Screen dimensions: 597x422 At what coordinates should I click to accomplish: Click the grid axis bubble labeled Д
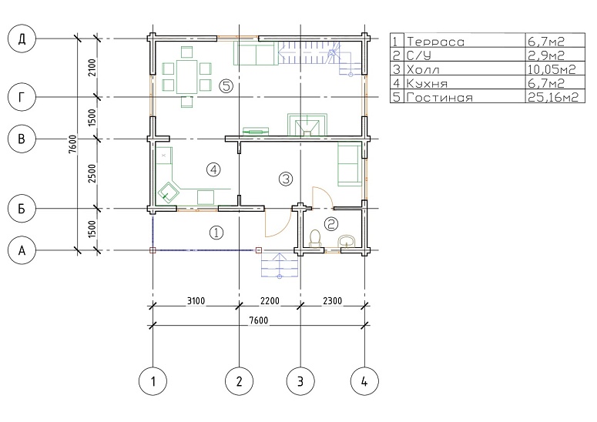point(22,39)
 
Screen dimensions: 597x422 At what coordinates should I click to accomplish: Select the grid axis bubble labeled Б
point(22,208)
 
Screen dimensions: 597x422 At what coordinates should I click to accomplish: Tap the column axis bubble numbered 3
point(300,381)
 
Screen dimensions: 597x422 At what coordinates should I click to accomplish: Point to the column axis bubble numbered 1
point(153,381)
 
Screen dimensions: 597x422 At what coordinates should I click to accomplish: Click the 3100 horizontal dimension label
point(196,301)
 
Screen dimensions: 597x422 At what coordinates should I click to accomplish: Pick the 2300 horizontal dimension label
point(332,301)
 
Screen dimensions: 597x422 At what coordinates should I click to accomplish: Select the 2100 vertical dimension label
point(92,67)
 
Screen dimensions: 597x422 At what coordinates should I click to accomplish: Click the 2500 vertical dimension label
point(92,173)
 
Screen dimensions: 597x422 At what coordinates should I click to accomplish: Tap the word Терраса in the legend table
point(435,42)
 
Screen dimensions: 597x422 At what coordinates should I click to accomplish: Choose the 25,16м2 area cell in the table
point(553,97)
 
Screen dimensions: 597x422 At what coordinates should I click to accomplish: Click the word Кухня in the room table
point(427,83)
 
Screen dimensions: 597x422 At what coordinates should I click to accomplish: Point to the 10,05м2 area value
point(552,69)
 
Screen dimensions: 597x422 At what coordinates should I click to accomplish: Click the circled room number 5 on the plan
point(226,86)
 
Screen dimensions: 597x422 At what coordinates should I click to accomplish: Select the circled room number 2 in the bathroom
point(330,224)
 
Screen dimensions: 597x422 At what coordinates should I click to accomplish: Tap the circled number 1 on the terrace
point(216,232)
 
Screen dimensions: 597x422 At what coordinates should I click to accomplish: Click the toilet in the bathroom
point(315,239)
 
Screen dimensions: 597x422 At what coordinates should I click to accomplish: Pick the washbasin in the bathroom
point(347,241)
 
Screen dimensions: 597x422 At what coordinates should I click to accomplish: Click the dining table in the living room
point(186,76)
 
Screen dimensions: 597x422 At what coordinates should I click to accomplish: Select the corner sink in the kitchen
point(169,192)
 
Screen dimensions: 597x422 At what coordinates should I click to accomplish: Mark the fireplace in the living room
point(307,125)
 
